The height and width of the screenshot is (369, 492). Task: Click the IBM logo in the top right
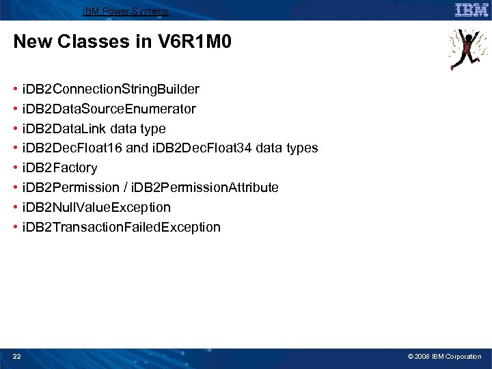471,10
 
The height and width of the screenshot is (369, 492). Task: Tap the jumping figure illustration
468,49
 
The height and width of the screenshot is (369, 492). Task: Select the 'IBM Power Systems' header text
125,12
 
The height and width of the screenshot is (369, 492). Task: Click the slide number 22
17,356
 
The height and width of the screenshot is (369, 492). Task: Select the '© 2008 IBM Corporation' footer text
445,356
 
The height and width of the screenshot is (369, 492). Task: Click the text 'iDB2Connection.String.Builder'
111,90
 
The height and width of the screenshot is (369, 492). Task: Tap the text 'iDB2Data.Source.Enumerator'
109,109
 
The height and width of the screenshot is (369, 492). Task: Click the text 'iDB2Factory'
59,168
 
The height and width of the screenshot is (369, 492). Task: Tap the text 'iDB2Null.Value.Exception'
96,207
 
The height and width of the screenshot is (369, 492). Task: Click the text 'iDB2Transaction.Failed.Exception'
121,227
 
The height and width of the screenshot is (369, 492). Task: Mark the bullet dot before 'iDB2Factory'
15,168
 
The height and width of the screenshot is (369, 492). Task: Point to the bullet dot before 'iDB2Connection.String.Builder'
15,90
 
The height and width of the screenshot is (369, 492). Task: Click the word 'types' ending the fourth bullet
303,148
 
